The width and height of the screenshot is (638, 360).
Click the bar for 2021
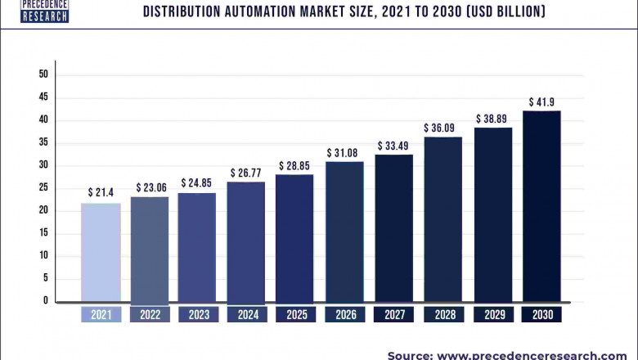(x=101, y=252)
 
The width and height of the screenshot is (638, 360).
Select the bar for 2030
(x=541, y=206)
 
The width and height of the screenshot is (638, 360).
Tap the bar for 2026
(x=344, y=232)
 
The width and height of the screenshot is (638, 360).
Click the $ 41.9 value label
(x=541, y=102)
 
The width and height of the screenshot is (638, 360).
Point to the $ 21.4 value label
(x=101, y=192)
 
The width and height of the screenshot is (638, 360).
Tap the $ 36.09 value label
(x=443, y=128)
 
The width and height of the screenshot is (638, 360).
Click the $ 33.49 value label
(x=393, y=146)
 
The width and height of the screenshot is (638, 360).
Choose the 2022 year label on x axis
(x=150, y=315)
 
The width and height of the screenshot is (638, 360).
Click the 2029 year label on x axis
(x=492, y=315)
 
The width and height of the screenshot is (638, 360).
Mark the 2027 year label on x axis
(x=393, y=315)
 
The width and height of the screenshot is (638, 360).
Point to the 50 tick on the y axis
(x=43, y=74)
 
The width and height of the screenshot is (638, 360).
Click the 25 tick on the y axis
(x=43, y=188)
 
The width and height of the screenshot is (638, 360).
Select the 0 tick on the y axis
(x=46, y=301)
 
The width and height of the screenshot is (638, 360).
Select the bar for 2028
(x=443, y=219)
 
